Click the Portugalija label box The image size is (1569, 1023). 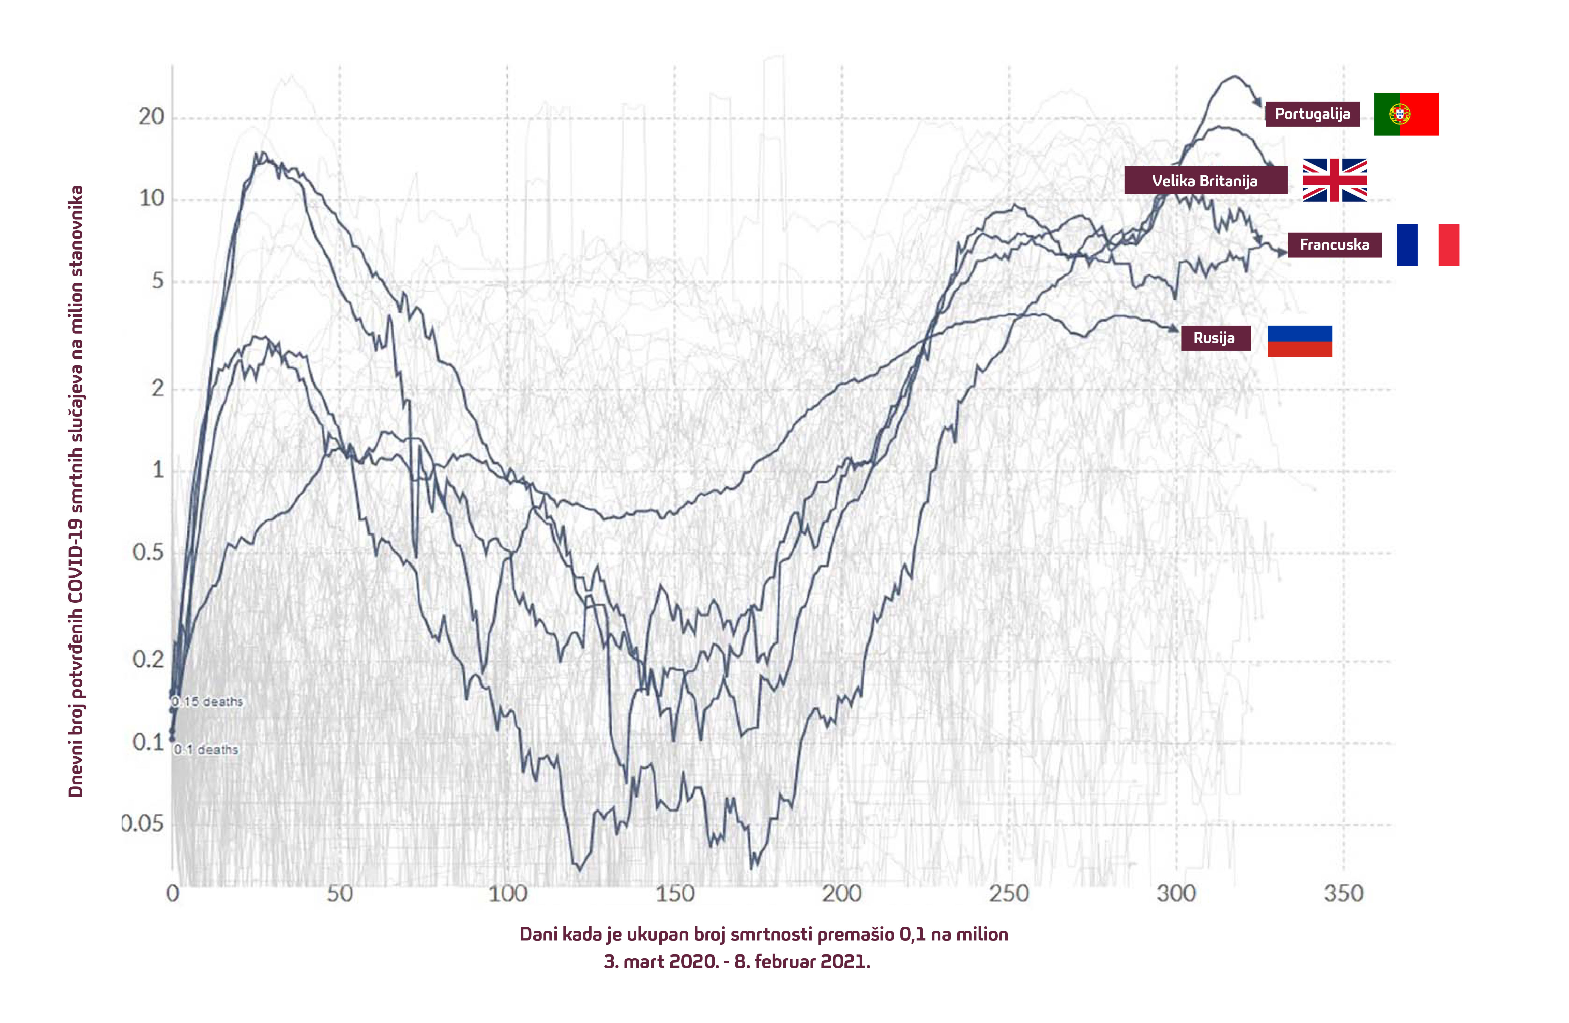click(1312, 114)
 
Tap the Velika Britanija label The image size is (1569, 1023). click(1205, 181)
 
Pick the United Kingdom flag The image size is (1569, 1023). click(1334, 180)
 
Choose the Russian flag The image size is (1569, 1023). click(1299, 341)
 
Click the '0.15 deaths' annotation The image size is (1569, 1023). click(208, 702)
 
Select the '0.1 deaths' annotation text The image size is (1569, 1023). click(206, 750)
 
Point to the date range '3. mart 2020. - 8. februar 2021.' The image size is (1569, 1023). click(737, 962)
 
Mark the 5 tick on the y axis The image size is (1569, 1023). click(158, 281)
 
